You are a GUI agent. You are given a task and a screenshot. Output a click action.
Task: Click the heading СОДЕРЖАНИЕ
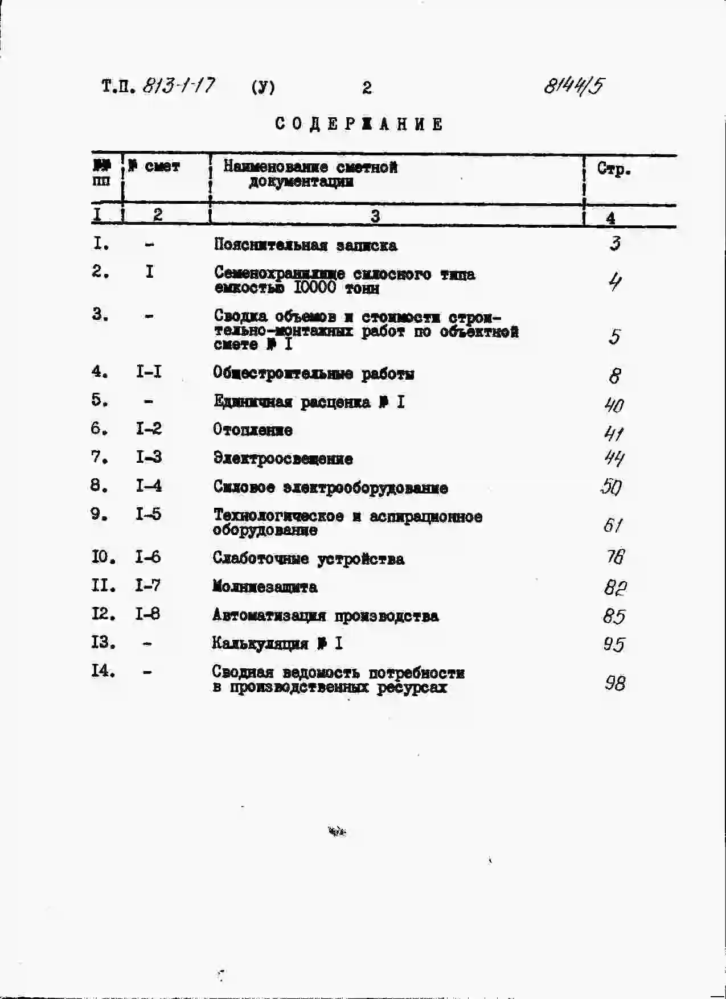tap(359, 124)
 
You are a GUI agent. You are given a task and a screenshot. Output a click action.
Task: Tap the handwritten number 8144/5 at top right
tap(573, 86)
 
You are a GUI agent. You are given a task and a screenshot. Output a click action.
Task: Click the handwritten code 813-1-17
tap(178, 86)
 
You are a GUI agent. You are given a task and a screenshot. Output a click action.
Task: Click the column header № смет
tap(154, 166)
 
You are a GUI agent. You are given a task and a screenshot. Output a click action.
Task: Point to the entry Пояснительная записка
tap(305, 245)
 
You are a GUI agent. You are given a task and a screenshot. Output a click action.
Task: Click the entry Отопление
tap(253, 430)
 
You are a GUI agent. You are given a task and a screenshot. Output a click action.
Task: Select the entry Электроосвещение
tap(283, 458)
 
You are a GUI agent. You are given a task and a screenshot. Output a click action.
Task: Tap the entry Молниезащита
tap(265, 586)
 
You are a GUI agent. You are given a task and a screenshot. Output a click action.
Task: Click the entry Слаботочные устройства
tap(309, 558)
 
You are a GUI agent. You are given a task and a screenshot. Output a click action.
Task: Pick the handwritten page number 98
tap(615, 683)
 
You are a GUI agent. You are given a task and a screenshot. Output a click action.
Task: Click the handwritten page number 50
tap(612, 487)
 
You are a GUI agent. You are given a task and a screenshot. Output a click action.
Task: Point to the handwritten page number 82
tap(615, 587)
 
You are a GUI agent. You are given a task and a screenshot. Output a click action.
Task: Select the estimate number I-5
tap(148, 515)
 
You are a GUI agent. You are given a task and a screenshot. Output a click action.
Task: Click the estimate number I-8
tap(147, 614)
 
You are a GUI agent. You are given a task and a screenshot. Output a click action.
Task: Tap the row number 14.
tap(103, 671)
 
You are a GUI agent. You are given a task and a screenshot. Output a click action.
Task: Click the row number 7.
tap(99, 457)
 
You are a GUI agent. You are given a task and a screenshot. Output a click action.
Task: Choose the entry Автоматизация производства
tap(325, 616)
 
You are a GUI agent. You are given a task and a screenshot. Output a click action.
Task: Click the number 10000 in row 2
tap(315, 287)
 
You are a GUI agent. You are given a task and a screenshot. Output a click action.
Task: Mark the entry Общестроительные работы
tap(313, 374)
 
